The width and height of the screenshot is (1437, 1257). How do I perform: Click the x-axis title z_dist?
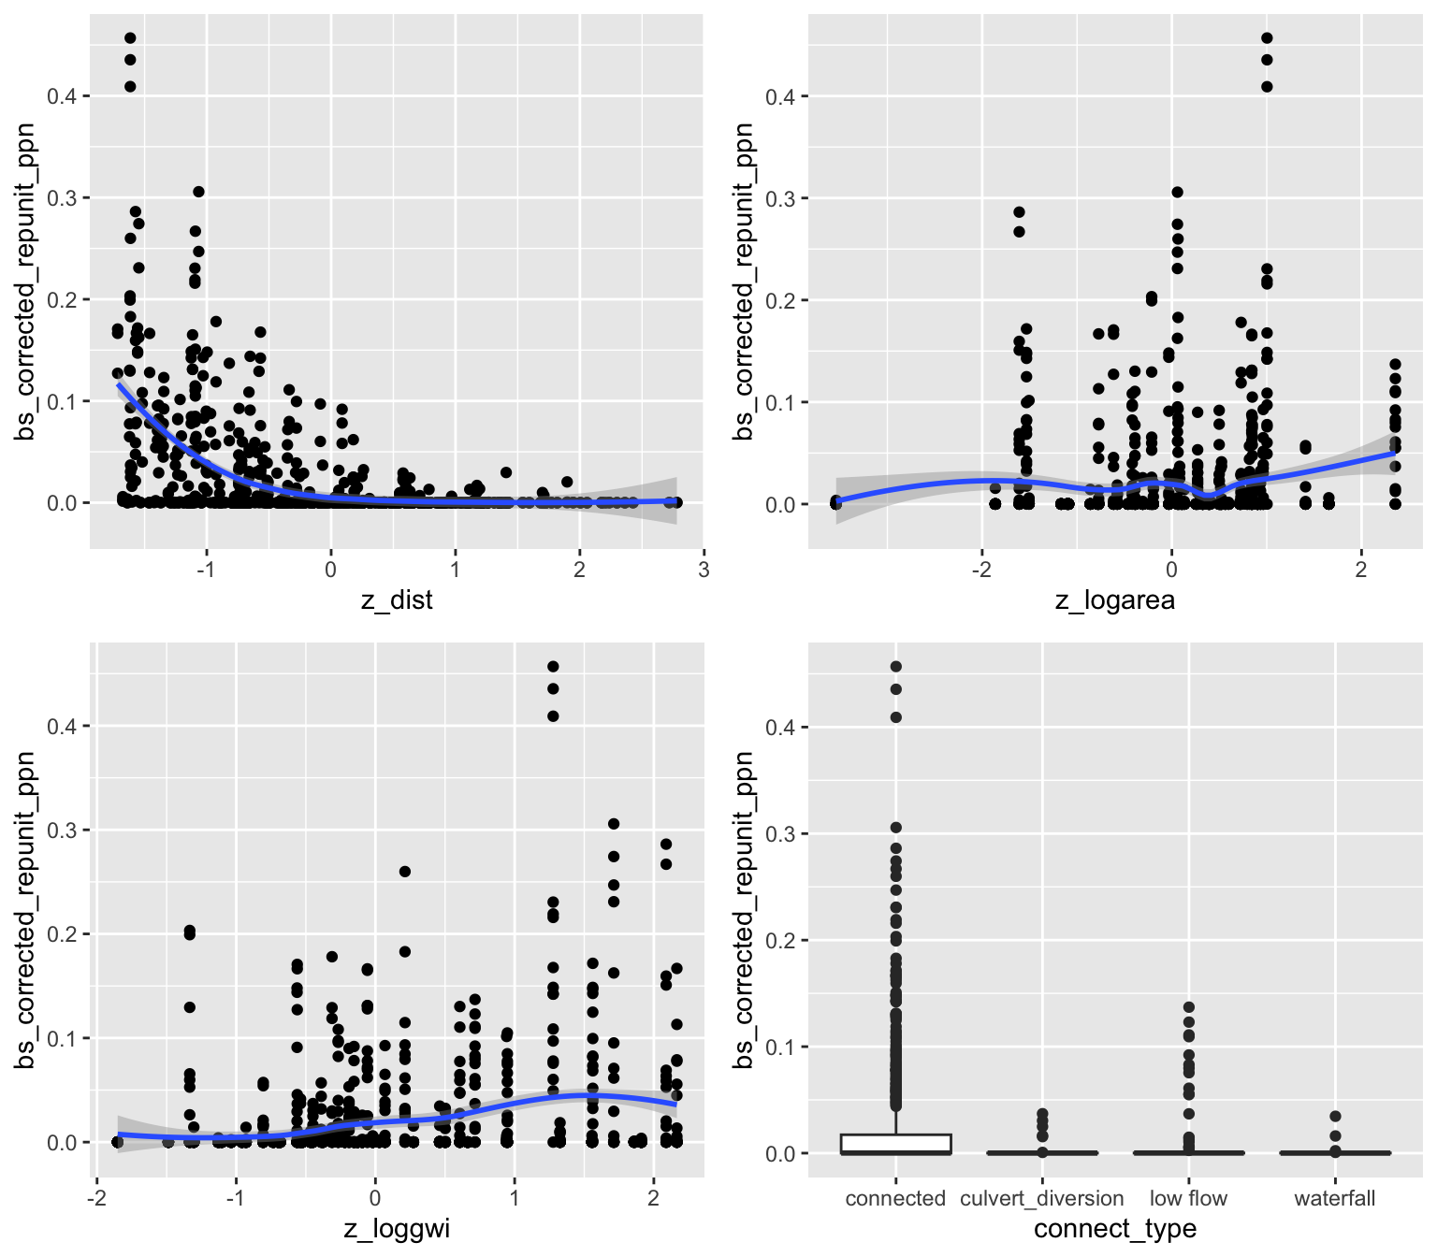[397, 600]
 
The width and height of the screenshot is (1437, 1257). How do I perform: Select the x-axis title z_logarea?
[1115, 600]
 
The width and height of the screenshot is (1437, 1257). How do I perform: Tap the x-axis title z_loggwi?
[397, 1228]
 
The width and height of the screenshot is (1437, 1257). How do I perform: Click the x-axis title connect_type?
[1115, 1228]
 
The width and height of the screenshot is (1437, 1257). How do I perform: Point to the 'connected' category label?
[895, 1198]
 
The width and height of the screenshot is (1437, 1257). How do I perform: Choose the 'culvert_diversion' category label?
[1042, 1198]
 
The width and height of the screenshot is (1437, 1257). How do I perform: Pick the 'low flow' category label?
[1188, 1198]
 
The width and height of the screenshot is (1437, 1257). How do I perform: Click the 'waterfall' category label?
[1335, 1198]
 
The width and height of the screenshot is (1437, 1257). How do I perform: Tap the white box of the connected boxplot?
[895, 1143]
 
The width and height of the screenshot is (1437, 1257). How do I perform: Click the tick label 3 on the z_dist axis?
[704, 570]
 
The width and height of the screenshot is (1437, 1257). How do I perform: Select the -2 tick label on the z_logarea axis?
[981, 570]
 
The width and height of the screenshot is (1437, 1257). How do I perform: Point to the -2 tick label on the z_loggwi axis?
[96, 1198]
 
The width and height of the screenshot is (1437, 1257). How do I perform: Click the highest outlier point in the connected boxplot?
[895, 667]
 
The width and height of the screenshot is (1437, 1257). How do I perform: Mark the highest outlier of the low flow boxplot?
[1188, 1007]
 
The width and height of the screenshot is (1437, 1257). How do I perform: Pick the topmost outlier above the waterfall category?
[1335, 1116]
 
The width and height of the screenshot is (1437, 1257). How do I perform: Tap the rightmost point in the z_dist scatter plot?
[676, 502]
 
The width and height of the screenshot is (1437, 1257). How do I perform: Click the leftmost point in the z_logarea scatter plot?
[835, 502]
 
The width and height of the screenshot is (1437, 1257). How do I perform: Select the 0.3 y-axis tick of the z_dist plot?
[63, 198]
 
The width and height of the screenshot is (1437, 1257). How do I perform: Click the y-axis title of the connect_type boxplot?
[744, 910]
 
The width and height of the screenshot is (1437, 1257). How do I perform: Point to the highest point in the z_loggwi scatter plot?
[553, 667]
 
